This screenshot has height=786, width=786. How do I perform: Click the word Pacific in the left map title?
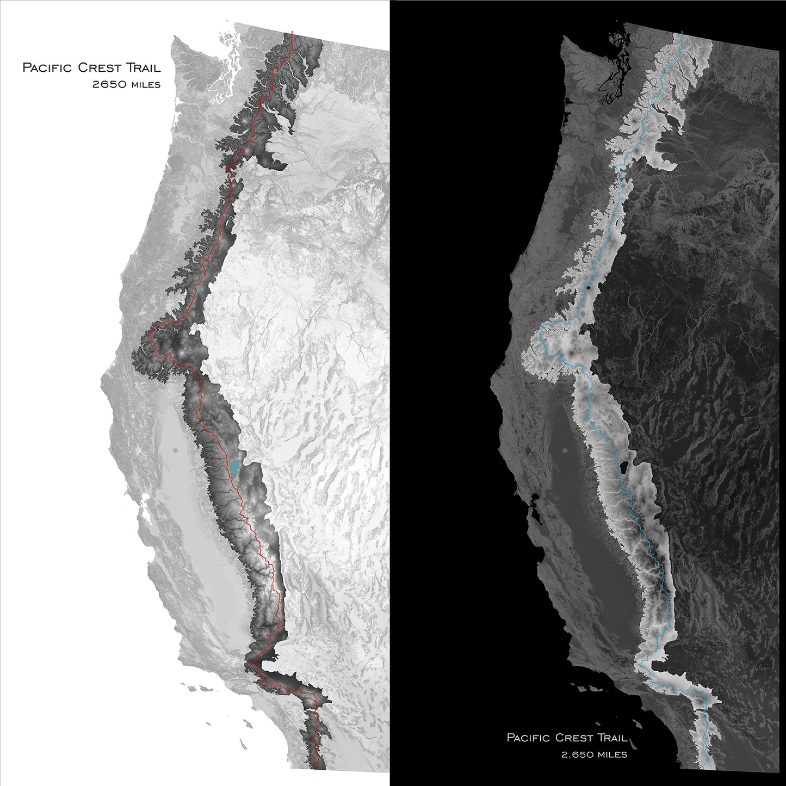tap(47, 68)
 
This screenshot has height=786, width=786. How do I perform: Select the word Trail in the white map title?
tap(143, 68)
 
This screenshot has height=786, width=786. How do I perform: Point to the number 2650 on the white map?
tap(108, 84)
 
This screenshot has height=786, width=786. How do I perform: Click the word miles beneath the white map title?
tap(144, 84)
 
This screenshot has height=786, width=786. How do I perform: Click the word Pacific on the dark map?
tap(529, 738)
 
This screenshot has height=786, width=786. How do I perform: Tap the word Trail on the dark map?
tap(612, 738)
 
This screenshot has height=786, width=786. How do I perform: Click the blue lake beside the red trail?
tap(234, 467)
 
